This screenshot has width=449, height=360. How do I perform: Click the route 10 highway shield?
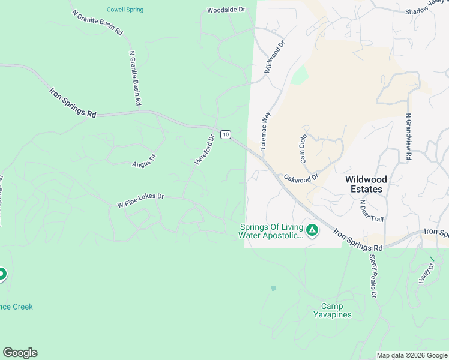click(x=225, y=134)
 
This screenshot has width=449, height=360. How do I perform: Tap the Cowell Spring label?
click(x=125, y=10)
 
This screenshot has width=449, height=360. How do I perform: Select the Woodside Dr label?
click(x=226, y=10)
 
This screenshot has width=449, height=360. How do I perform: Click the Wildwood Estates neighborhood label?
click(x=366, y=184)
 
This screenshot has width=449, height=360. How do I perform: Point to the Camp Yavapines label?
click(x=332, y=310)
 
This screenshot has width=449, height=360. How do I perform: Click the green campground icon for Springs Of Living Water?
click(x=312, y=230)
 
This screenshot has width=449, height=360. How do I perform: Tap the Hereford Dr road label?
click(x=205, y=150)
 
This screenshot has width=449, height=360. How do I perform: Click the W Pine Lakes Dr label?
click(x=140, y=200)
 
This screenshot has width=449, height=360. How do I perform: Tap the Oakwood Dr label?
click(x=301, y=178)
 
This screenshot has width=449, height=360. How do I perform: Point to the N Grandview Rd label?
click(x=408, y=137)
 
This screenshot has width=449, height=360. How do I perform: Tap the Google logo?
click(x=20, y=353)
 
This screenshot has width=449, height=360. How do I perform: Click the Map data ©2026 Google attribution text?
click(x=412, y=355)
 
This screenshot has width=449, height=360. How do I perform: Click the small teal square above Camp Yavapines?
click(x=274, y=288)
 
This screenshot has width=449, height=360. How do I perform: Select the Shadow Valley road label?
click(x=426, y=8)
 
